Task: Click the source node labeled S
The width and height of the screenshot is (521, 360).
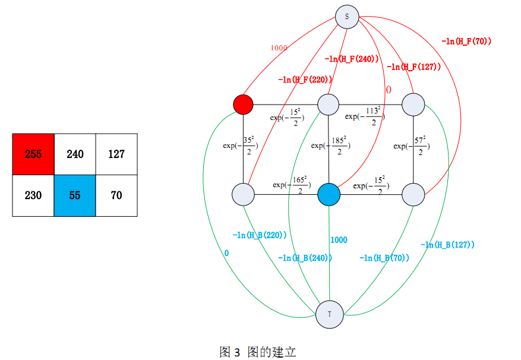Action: pos(347,17)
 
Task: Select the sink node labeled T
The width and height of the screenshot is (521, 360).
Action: pos(330,314)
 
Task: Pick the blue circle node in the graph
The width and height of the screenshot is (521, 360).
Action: pos(329,194)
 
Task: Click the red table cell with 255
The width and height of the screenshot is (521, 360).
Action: pos(33,154)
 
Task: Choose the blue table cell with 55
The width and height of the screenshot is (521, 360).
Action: pos(75,195)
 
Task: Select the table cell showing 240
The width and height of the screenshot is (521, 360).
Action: pos(75,154)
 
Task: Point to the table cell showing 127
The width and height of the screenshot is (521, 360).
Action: pos(116,154)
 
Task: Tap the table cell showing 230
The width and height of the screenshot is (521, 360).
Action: pos(33,195)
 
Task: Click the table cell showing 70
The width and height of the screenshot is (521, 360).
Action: pos(116,195)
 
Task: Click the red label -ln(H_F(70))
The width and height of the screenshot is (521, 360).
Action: pos(466,41)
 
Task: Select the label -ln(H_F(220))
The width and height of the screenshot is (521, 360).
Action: pos(304,79)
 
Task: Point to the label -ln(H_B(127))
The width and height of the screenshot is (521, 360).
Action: pos(447,245)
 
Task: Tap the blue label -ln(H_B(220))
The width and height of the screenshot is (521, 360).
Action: pos(260,235)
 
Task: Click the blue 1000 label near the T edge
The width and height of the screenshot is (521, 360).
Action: pos(339,240)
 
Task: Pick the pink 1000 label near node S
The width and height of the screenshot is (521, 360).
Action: pos(279,48)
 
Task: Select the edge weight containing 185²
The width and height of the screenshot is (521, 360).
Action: pos(330,146)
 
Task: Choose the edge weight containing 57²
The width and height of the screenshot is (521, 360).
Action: pos(412,146)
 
